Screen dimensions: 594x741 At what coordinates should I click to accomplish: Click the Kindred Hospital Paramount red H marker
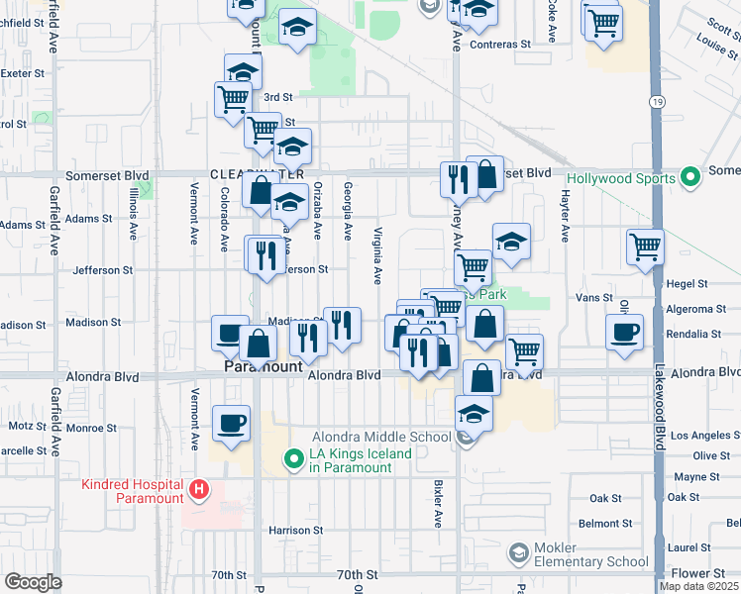point(199,489)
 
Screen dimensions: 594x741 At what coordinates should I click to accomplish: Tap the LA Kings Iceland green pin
point(293,459)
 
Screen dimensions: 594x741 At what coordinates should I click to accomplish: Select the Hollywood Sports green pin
point(691,178)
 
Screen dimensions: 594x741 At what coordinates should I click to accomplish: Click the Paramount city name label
point(261,366)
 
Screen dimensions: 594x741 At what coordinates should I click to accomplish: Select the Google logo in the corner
point(33,582)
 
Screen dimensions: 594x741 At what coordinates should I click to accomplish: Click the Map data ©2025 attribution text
point(698,586)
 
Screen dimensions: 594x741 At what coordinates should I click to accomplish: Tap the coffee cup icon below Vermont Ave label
point(233,423)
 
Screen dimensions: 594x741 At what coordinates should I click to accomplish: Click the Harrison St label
point(295,531)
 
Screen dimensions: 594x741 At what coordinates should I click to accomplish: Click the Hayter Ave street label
point(566,219)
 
